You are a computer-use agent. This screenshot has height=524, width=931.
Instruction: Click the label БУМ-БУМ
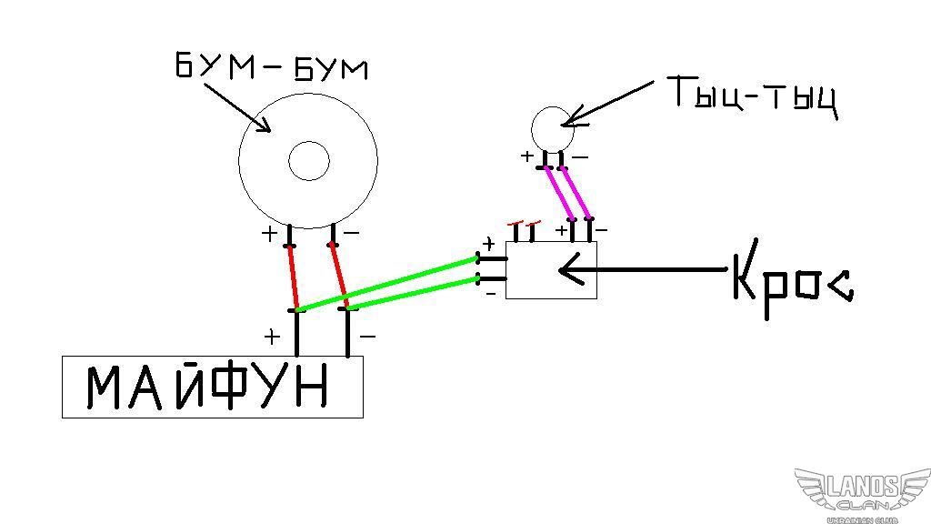(x=271, y=66)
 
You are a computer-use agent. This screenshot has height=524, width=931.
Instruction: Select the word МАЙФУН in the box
(x=207, y=387)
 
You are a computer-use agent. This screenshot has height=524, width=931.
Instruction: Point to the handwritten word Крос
(x=793, y=279)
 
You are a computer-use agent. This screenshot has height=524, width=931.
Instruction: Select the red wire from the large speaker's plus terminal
(x=293, y=277)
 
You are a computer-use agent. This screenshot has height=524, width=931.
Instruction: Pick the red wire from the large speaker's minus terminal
(x=340, y=277)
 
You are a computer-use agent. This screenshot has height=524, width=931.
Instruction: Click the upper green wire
(x=388, y=284)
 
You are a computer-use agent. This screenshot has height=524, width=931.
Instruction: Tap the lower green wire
(x=414, y=292)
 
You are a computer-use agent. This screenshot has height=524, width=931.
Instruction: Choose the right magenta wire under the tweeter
(x=575, y=193)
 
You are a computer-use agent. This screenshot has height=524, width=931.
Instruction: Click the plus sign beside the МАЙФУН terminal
(x=272, y=337)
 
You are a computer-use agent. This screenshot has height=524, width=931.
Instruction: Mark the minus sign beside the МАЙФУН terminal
(x=367, y=337)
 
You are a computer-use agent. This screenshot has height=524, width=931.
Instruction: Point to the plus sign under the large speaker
(x=269, y=234)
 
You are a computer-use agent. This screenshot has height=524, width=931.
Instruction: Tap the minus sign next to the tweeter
(x=580, y=157)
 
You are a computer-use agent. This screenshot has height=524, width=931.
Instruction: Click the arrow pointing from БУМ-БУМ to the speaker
(x=236, y=107)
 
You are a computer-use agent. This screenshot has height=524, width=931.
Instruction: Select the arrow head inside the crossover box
(x=571, y=269)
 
